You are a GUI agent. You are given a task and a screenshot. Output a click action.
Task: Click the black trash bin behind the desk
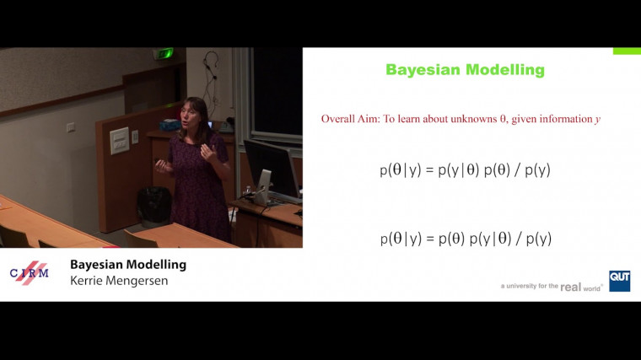coord(154,205)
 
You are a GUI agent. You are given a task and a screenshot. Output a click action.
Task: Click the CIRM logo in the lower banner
coord(29,272)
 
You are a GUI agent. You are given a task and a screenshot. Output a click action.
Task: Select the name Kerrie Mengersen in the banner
coord(119,281)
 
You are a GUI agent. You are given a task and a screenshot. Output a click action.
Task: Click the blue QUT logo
coord(619,281)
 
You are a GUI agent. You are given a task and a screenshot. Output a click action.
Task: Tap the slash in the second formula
coord(519,239)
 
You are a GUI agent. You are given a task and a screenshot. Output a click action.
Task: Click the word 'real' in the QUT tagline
coord(570,287)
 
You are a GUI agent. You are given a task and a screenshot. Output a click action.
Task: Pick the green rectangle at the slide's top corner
coord(626,51)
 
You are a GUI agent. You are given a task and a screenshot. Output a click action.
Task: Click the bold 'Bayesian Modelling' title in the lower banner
coord(128,265)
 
